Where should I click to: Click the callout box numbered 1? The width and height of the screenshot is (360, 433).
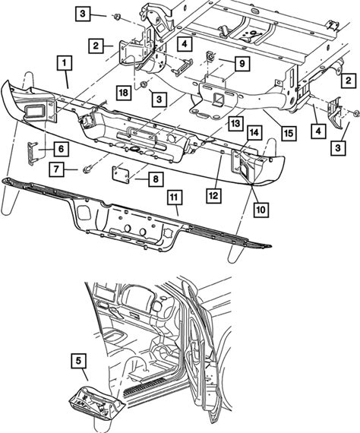tap(65, 63)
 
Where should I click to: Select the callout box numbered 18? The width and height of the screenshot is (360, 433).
tap(124, 93)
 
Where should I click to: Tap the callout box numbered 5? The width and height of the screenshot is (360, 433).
tap(79, 361)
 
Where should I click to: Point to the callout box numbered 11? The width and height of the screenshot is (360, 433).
tap(175, 198)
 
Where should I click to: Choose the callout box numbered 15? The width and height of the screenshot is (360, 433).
tap(289, 134)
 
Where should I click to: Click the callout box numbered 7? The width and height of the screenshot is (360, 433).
tap(57, 169)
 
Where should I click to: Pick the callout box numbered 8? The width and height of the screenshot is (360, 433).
tap(156, 179)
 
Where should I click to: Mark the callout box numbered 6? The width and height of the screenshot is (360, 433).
tap(61, 149)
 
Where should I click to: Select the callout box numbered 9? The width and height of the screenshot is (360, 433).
tap(242, 64)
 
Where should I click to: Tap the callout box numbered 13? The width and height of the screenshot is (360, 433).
tap(235, 123)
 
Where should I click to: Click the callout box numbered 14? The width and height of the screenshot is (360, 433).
tap(254, 133)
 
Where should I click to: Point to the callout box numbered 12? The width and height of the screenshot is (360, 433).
tap(213, 196)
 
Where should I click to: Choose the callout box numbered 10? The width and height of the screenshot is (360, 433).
tap(261, 210)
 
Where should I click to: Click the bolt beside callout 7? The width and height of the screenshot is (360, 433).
tap(86, 169)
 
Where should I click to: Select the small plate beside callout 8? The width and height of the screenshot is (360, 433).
tap(121, 173)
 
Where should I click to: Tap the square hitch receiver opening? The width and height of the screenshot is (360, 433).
tap(220, 99)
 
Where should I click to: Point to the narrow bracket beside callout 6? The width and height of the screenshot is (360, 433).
tap(33, 153)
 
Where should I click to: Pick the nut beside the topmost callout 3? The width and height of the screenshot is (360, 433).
tap(116, 17)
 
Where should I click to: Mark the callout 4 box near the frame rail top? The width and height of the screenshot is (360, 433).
tap(185, 43)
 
